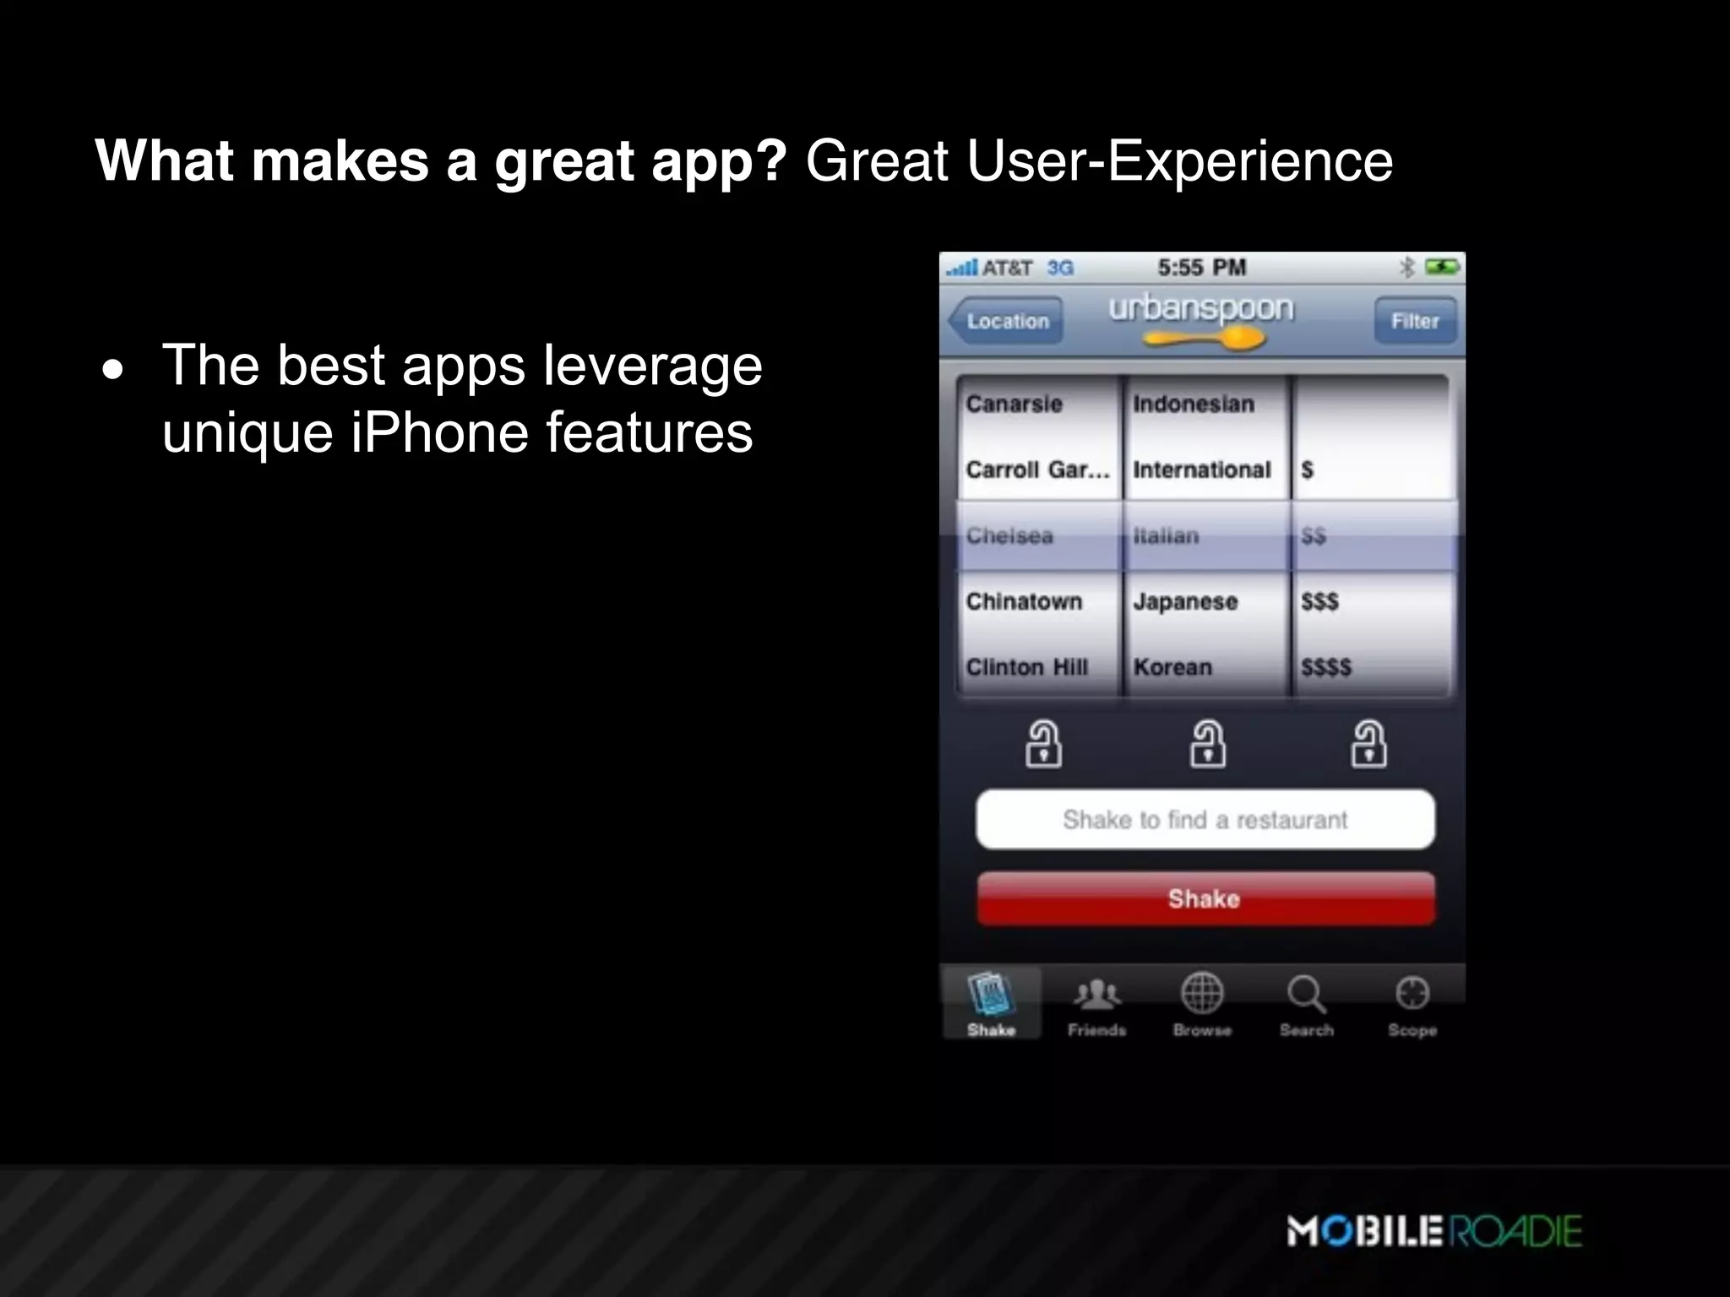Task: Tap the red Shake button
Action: point(1205,899)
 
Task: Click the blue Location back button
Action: point(1005,322)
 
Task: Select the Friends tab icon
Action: point(1096,996)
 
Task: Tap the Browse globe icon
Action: point(1202,994)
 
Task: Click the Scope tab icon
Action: point(1412,994)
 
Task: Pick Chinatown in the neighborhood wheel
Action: point(1024,601)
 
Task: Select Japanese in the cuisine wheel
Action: point(1185,601)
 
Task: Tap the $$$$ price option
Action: point(1326,667)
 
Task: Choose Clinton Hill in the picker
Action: point(1027,667)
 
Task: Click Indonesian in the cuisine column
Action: point(1194,404)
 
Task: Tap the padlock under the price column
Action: point(1368,744)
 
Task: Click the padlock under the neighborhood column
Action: point(1043,744)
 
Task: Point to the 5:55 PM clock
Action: point(1201,268)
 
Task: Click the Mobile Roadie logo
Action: point(1434,1230)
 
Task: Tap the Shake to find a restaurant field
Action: point(1205,819)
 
